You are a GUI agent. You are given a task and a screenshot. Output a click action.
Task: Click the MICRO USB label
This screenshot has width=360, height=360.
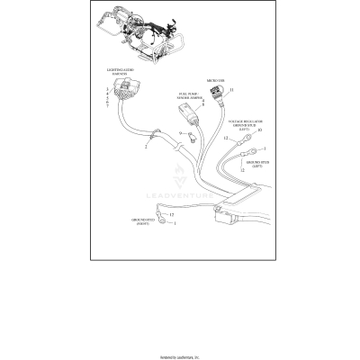(215, 79)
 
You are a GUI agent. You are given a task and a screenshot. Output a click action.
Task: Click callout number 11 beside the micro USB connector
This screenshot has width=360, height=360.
(231, 91)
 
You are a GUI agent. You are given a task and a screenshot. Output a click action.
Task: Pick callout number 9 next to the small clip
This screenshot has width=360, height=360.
(179, 134)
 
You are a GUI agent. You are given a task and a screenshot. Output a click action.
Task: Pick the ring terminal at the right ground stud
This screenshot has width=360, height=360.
(165, 227)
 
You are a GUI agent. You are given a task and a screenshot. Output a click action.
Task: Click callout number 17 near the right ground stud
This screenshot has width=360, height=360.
(171, 215)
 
